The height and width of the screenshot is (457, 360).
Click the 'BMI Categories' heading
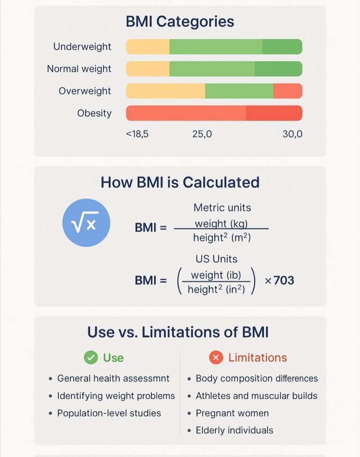coord(180,22)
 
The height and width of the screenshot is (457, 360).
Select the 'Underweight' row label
coord(82,46)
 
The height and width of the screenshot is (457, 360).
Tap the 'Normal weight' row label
coord(79,69)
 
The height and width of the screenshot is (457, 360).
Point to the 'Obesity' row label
coord(94,113)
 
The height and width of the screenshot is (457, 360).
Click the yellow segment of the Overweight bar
coord(165,91)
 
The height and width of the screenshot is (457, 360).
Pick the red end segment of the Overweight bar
coord(287,91)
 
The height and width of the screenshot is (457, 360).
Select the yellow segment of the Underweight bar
coord(148,46)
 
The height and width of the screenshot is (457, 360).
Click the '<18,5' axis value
coord(137,134)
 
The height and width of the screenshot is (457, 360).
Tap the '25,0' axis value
coord(202,134)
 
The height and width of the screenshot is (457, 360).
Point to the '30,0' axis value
coord(292,134)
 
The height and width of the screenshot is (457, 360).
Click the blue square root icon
coord(86,223)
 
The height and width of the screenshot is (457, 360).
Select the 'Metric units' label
coord(222,207)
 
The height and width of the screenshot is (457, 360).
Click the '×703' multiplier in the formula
coord(279,281)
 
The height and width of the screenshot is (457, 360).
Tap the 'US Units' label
coord(217,259)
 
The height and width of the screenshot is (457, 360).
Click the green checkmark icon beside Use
coord(90,358)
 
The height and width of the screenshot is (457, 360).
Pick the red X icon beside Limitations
coord(216,358)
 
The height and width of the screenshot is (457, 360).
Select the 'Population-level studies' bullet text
coord(109,413)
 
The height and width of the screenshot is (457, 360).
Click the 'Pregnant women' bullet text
coord(232,413)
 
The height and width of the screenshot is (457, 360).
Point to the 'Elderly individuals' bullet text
coord(234,430)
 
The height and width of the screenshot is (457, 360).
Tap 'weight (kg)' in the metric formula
coord(221,223)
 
